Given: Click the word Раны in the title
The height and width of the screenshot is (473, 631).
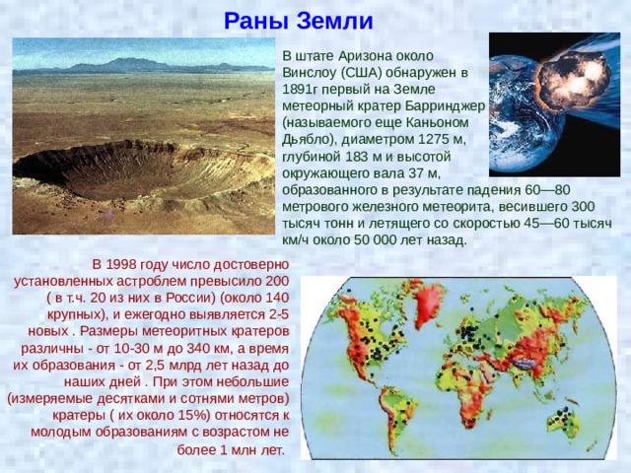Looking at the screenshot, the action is tap(257, 21).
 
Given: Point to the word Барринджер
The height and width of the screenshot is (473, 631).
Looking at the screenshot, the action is tap(445, 105).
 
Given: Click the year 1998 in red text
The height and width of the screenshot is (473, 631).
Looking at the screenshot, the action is tap(121, 265).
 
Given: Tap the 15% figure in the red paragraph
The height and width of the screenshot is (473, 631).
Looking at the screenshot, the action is tap(197, 416).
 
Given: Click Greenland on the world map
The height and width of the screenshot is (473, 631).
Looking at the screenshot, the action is tap(428, 303).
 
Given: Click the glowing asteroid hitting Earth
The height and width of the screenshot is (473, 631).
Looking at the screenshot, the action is tap(573, 79).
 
